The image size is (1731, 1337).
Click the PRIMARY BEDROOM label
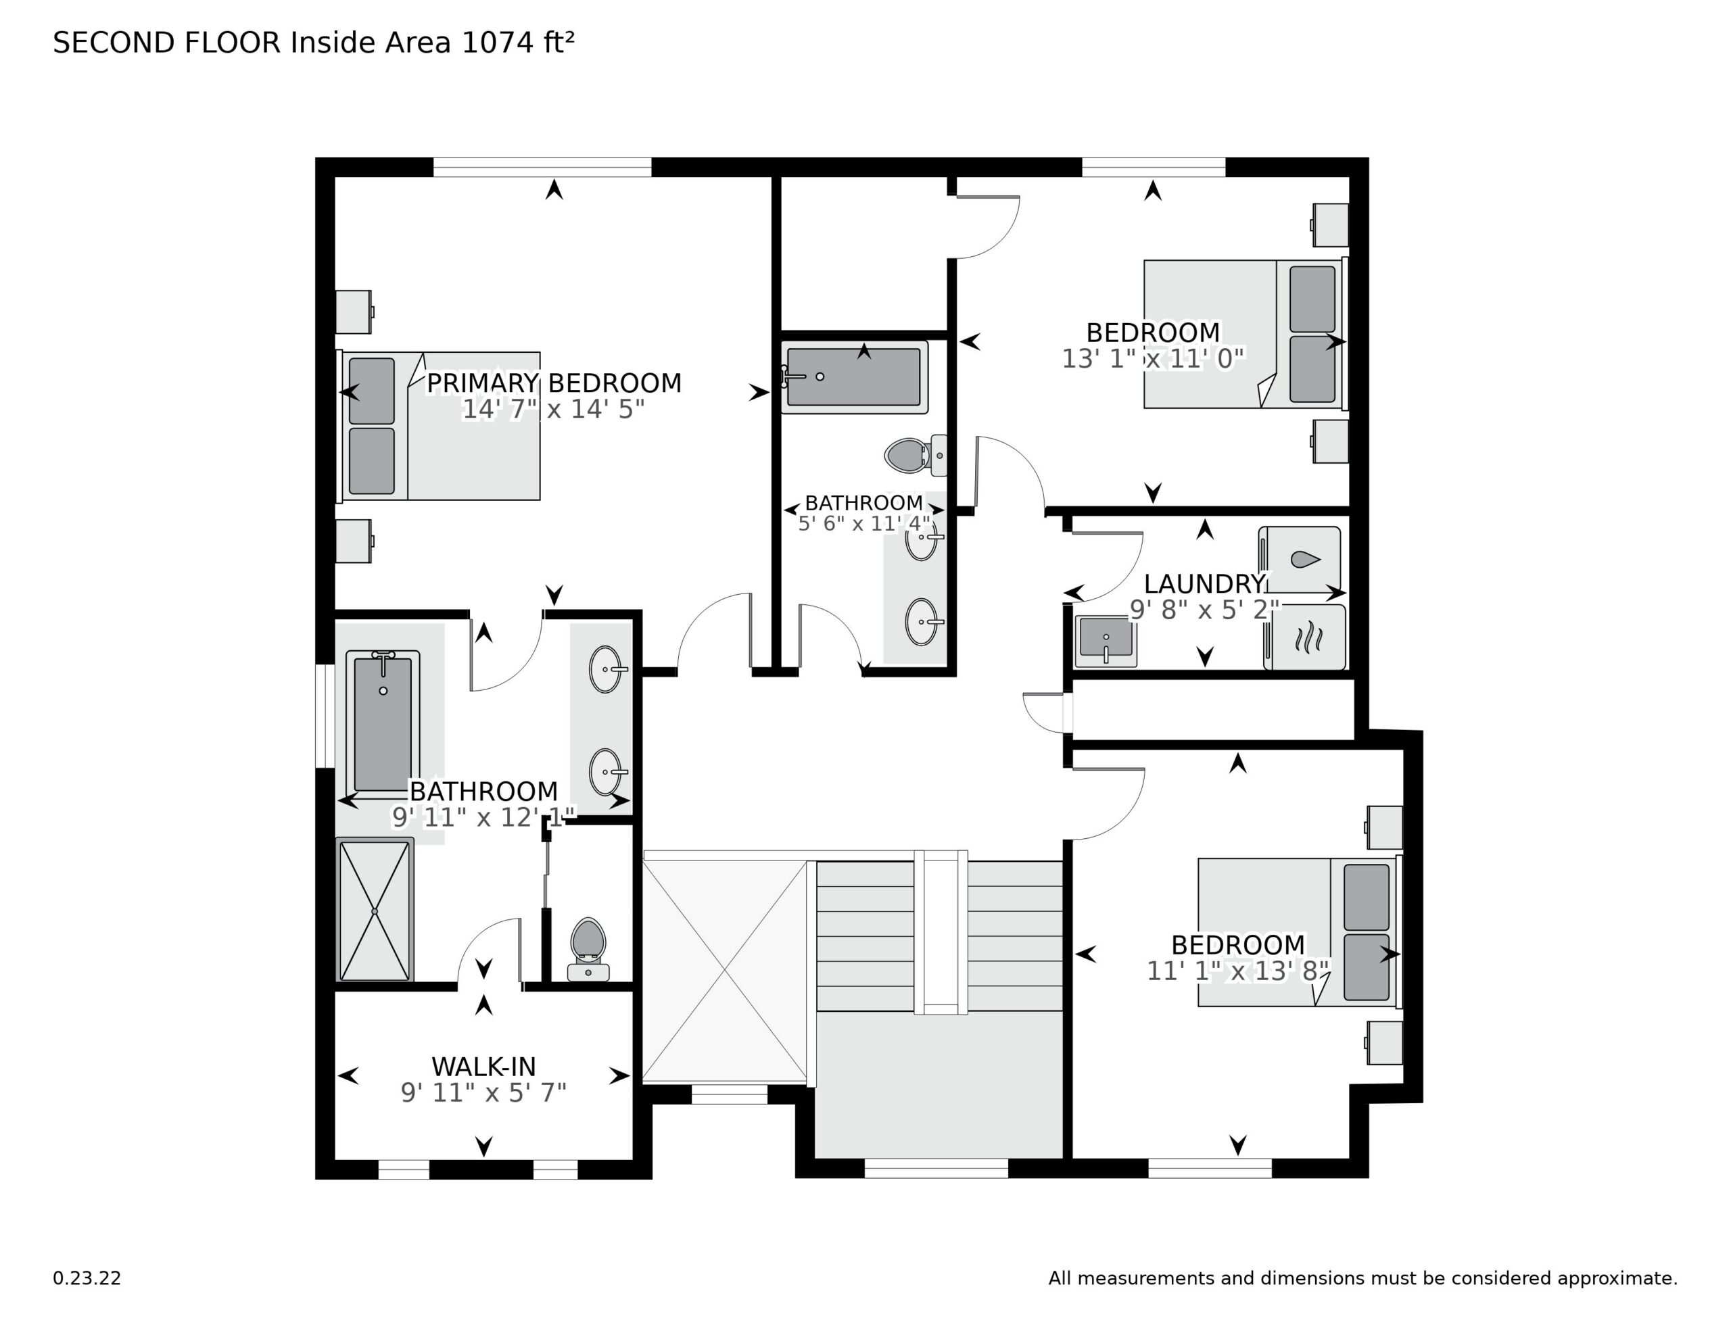[553, 383]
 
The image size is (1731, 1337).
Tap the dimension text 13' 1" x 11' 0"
[1152, 359]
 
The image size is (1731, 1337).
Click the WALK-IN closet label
[483, 1066]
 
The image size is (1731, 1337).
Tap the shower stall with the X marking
[374, 911]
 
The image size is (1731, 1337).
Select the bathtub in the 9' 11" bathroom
[383, 723]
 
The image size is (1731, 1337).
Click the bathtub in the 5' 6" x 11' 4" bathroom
[853, 377]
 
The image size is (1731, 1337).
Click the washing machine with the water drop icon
[1300, 559]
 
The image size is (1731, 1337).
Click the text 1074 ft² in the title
[517, 42]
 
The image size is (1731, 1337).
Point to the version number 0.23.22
[87, 1278]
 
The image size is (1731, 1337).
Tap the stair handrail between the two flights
[941, 932]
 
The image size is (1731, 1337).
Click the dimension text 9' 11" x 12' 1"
[483, 817]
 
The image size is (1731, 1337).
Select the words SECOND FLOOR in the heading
[166, 42]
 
